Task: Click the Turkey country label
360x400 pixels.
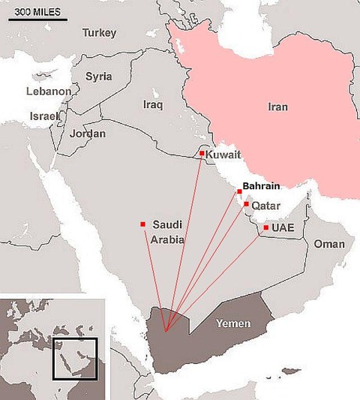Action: [x=100, y=33]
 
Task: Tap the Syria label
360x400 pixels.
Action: [x=99, y=77]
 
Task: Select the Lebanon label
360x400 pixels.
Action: [x=48, y=92]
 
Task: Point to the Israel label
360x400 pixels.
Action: [x=43, y=116]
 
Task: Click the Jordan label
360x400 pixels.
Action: [x=88, y=134]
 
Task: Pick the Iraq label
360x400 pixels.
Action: [x=152, y=105]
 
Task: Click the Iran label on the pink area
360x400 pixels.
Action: [x=277, y=107]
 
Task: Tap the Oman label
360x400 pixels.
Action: [x=328, y=245]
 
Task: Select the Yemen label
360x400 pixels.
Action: [x=232, y=323]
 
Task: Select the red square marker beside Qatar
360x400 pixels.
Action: [x=246, y=203]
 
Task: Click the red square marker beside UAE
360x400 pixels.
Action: [x=266, y=227]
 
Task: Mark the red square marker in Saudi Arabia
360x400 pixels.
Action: [x=142, y=224]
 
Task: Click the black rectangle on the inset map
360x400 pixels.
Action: [x=75, y=360]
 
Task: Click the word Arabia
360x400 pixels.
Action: [x=166, y=240]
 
